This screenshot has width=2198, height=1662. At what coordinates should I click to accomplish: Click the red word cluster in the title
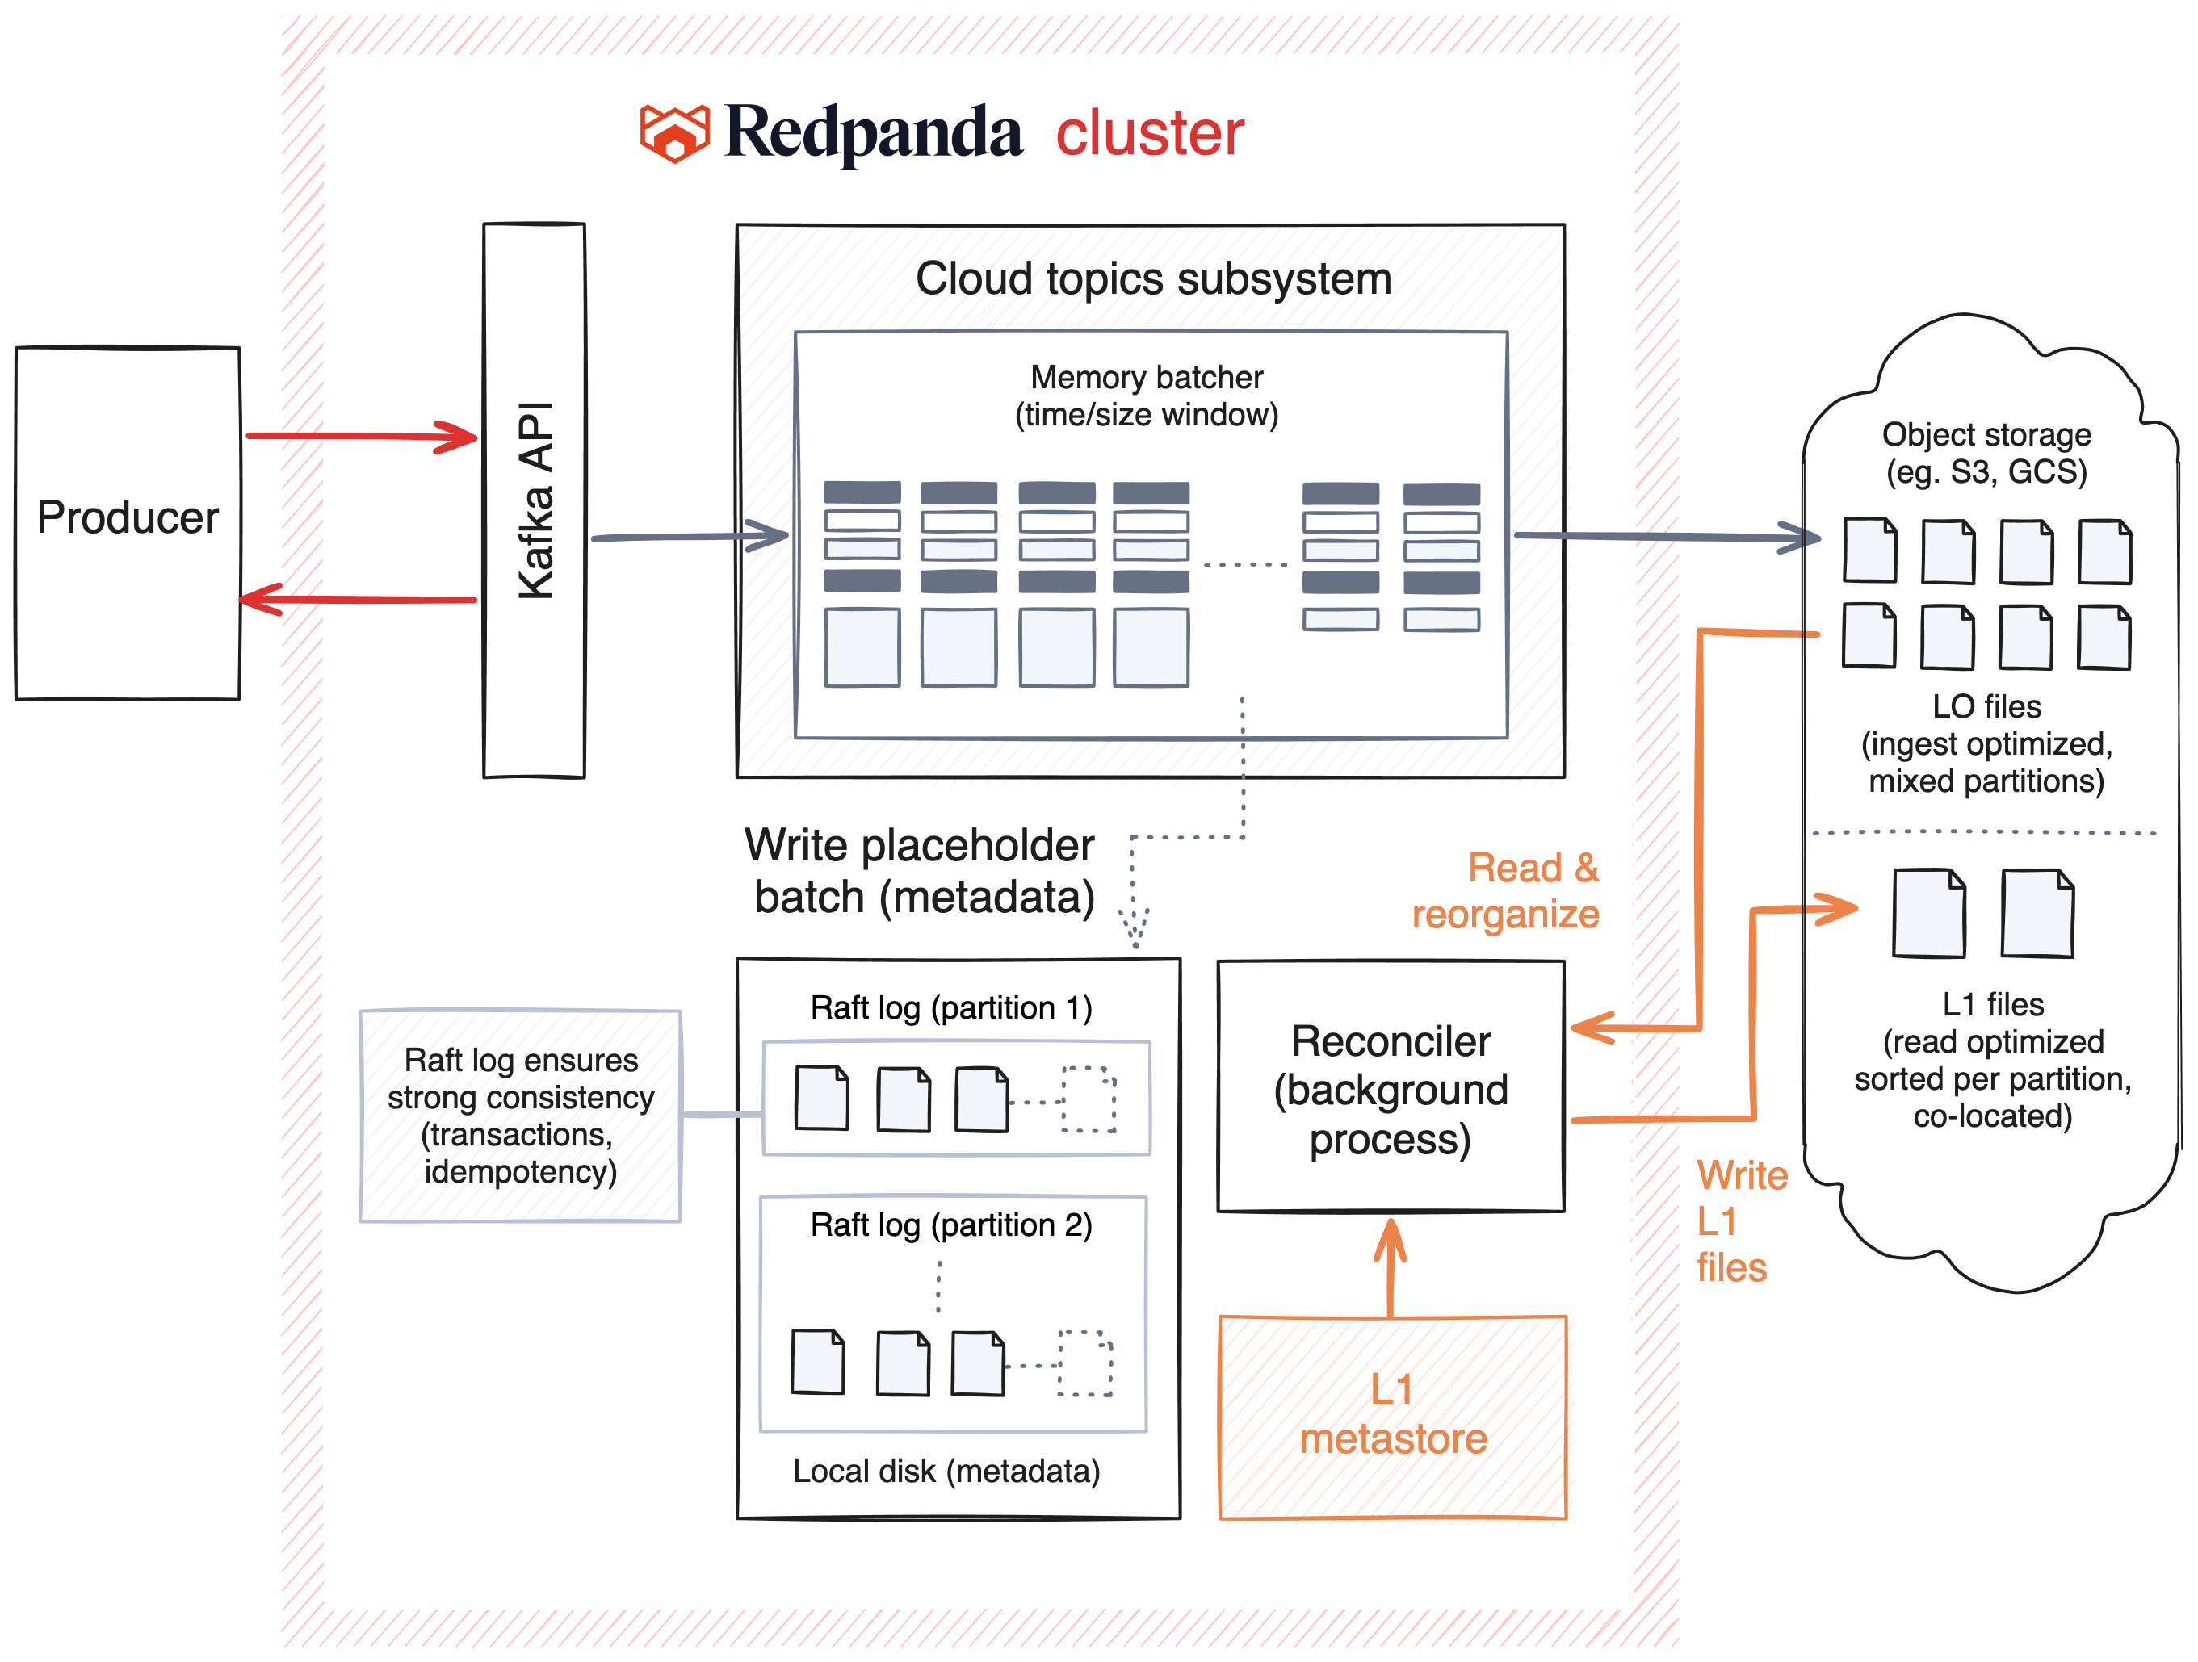click(1149, 133)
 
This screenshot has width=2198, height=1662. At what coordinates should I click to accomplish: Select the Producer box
click(128, 521)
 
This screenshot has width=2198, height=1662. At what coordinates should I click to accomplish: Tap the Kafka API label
click(535, 500)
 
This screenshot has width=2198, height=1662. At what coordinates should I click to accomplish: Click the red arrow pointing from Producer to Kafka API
click(362, 436)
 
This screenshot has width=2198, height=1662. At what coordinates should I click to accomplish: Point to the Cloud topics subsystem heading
click(1152, 279)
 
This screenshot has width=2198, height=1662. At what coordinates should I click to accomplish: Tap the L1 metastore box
click(1392, 1415)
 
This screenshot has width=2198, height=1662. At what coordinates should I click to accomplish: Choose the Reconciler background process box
click(1391, 1089)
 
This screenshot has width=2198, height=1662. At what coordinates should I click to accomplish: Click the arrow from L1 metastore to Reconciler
click(1391, 1266)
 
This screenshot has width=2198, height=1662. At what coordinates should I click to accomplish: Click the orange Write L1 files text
click(1740, 1221)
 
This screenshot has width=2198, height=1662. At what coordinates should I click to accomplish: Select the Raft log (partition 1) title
click(951, 1007)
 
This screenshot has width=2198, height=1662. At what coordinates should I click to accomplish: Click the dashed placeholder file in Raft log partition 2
click(1084, 1363)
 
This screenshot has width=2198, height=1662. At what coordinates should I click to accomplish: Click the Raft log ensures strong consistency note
click(521, 1116)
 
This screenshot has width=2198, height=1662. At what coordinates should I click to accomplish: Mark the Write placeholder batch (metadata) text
click(921, 871)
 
